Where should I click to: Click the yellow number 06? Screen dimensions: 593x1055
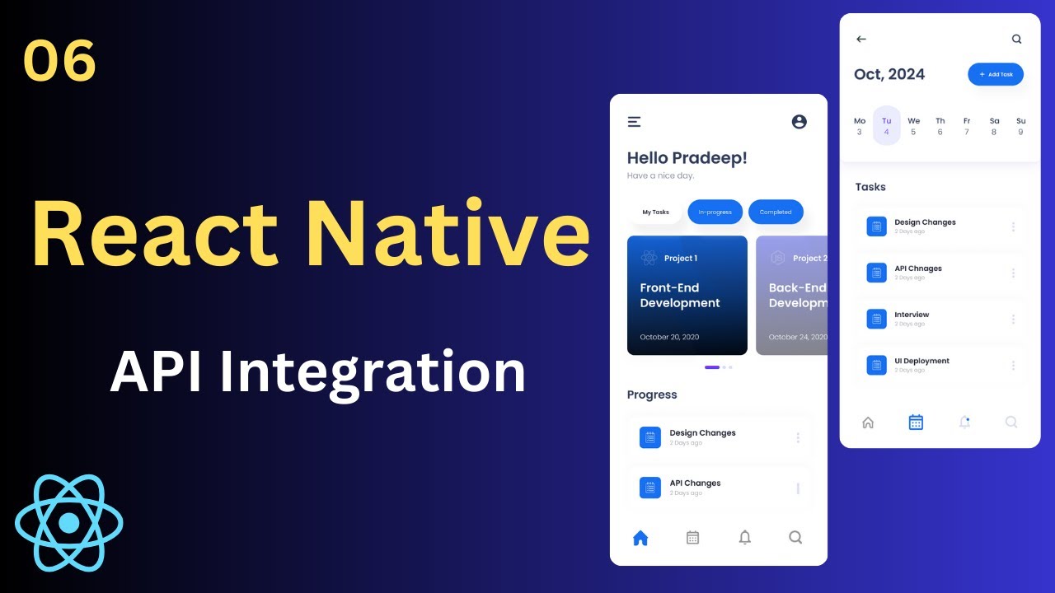60,62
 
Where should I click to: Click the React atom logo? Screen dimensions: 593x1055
69,523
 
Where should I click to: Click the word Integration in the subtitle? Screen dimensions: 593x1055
370,372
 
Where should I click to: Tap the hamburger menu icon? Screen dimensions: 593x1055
634,122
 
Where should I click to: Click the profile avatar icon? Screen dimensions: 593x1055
799,122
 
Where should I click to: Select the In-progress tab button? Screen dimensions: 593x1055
715,212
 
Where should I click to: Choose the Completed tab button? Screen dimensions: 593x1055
776,212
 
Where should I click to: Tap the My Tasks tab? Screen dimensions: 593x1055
655,212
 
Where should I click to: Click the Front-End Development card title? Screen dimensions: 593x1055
680,295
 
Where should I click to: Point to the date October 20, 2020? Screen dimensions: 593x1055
669,337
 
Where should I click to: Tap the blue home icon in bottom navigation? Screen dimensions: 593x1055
640,538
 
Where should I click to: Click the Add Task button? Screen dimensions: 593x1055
996,74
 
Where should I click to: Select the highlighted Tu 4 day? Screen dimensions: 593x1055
886,126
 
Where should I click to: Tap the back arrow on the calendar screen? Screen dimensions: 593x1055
861,39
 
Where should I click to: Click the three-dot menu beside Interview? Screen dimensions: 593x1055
1013,319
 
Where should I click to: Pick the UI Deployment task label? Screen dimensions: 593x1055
921,361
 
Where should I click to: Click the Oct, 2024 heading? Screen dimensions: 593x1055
889,74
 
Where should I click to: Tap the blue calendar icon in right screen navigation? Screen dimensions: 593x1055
916,423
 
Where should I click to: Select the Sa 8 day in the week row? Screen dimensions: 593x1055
994,126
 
